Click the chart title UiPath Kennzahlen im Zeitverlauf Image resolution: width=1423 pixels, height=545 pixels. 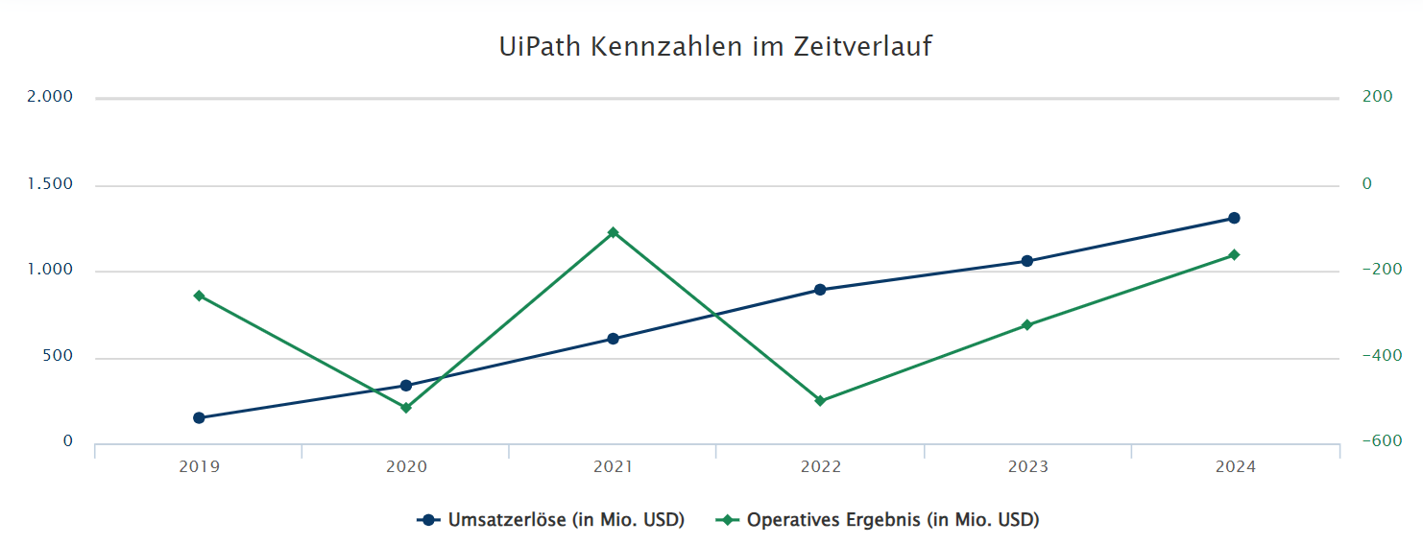coord(714,47)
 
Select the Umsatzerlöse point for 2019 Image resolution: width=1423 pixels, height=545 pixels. coord(199,417)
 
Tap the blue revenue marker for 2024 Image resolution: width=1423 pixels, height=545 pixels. coord(1234,218)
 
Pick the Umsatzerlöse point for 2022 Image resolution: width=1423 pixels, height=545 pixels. coord(820,289)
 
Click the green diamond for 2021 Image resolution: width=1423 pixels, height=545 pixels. coord(613,232)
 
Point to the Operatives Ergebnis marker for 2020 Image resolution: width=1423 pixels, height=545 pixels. coord(406,408)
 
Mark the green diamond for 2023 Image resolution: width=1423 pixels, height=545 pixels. coord(1026,325)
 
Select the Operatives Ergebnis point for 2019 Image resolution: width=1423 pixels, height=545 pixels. coord(199,296)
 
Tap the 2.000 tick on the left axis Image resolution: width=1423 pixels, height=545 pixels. coord(50,97)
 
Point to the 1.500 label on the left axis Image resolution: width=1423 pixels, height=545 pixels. coord(50,183)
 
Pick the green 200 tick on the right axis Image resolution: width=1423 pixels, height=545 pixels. coord(1378,97)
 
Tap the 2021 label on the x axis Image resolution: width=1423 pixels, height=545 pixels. coord(613,467)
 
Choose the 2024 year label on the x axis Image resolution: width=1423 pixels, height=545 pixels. coord(1234,467)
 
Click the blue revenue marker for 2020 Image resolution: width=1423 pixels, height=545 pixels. coord(406,386)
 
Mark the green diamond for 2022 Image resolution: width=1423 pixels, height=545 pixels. coord(820,400)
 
